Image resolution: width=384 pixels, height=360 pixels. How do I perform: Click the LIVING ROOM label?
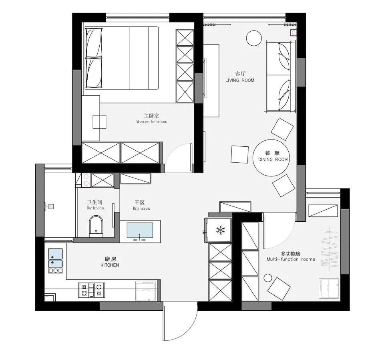240,80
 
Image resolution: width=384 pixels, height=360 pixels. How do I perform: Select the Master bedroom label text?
152,121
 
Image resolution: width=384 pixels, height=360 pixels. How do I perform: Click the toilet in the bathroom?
96,227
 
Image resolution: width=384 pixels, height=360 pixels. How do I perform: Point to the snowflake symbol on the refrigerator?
221,230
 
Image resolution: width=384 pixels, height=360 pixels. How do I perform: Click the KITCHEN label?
110,265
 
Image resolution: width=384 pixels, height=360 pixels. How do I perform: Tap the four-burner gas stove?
92,290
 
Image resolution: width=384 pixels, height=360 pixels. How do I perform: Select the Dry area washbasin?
140,231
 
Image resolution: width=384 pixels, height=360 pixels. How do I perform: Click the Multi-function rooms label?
291,259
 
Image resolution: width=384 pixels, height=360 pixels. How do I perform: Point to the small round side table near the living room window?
254,38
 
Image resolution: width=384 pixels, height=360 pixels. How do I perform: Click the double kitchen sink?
56,260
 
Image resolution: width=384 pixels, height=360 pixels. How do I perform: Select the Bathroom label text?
96,208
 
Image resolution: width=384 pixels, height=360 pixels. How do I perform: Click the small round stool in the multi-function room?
267,278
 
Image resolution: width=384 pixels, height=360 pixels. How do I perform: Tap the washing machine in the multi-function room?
329,288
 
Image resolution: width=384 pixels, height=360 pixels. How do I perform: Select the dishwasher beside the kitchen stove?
146,291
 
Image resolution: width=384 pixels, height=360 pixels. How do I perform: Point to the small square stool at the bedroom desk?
99,121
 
